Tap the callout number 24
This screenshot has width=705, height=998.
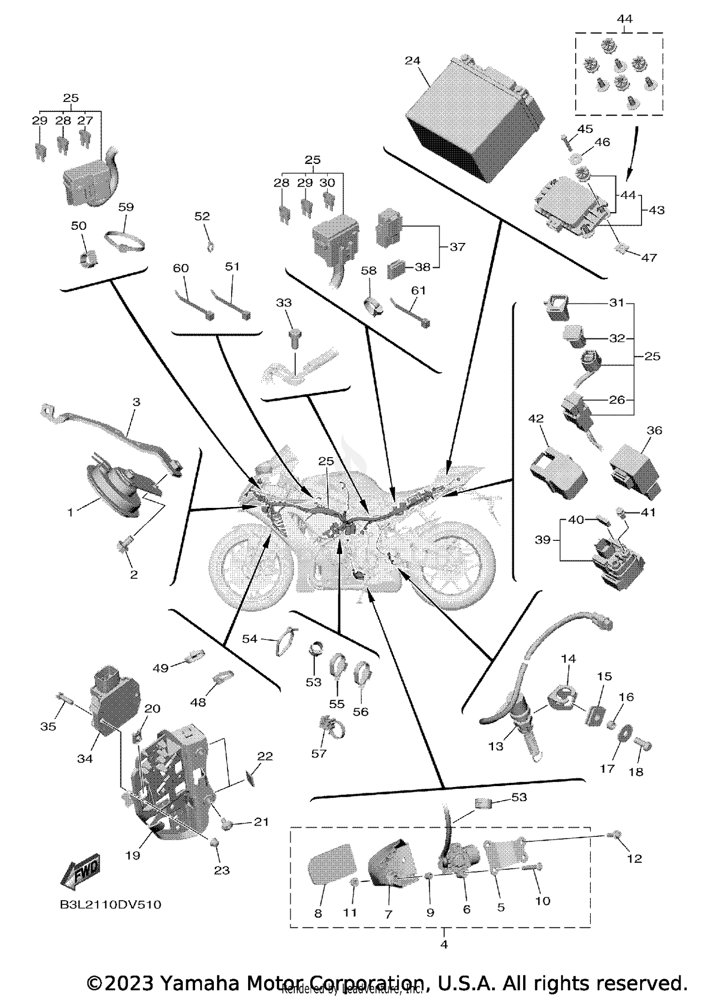point(412,61)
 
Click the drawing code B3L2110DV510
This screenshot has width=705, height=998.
point(110,904)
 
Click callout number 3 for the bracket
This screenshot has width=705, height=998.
point(136,402)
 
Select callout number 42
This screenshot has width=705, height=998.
point(536,418)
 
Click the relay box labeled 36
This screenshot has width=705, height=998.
point(637,470)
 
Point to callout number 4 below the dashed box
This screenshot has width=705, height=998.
point(444,944)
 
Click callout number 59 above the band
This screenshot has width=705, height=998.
point(125,207)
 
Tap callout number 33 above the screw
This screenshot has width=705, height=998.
point(283,303)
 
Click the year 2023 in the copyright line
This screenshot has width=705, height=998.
point(129,983)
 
